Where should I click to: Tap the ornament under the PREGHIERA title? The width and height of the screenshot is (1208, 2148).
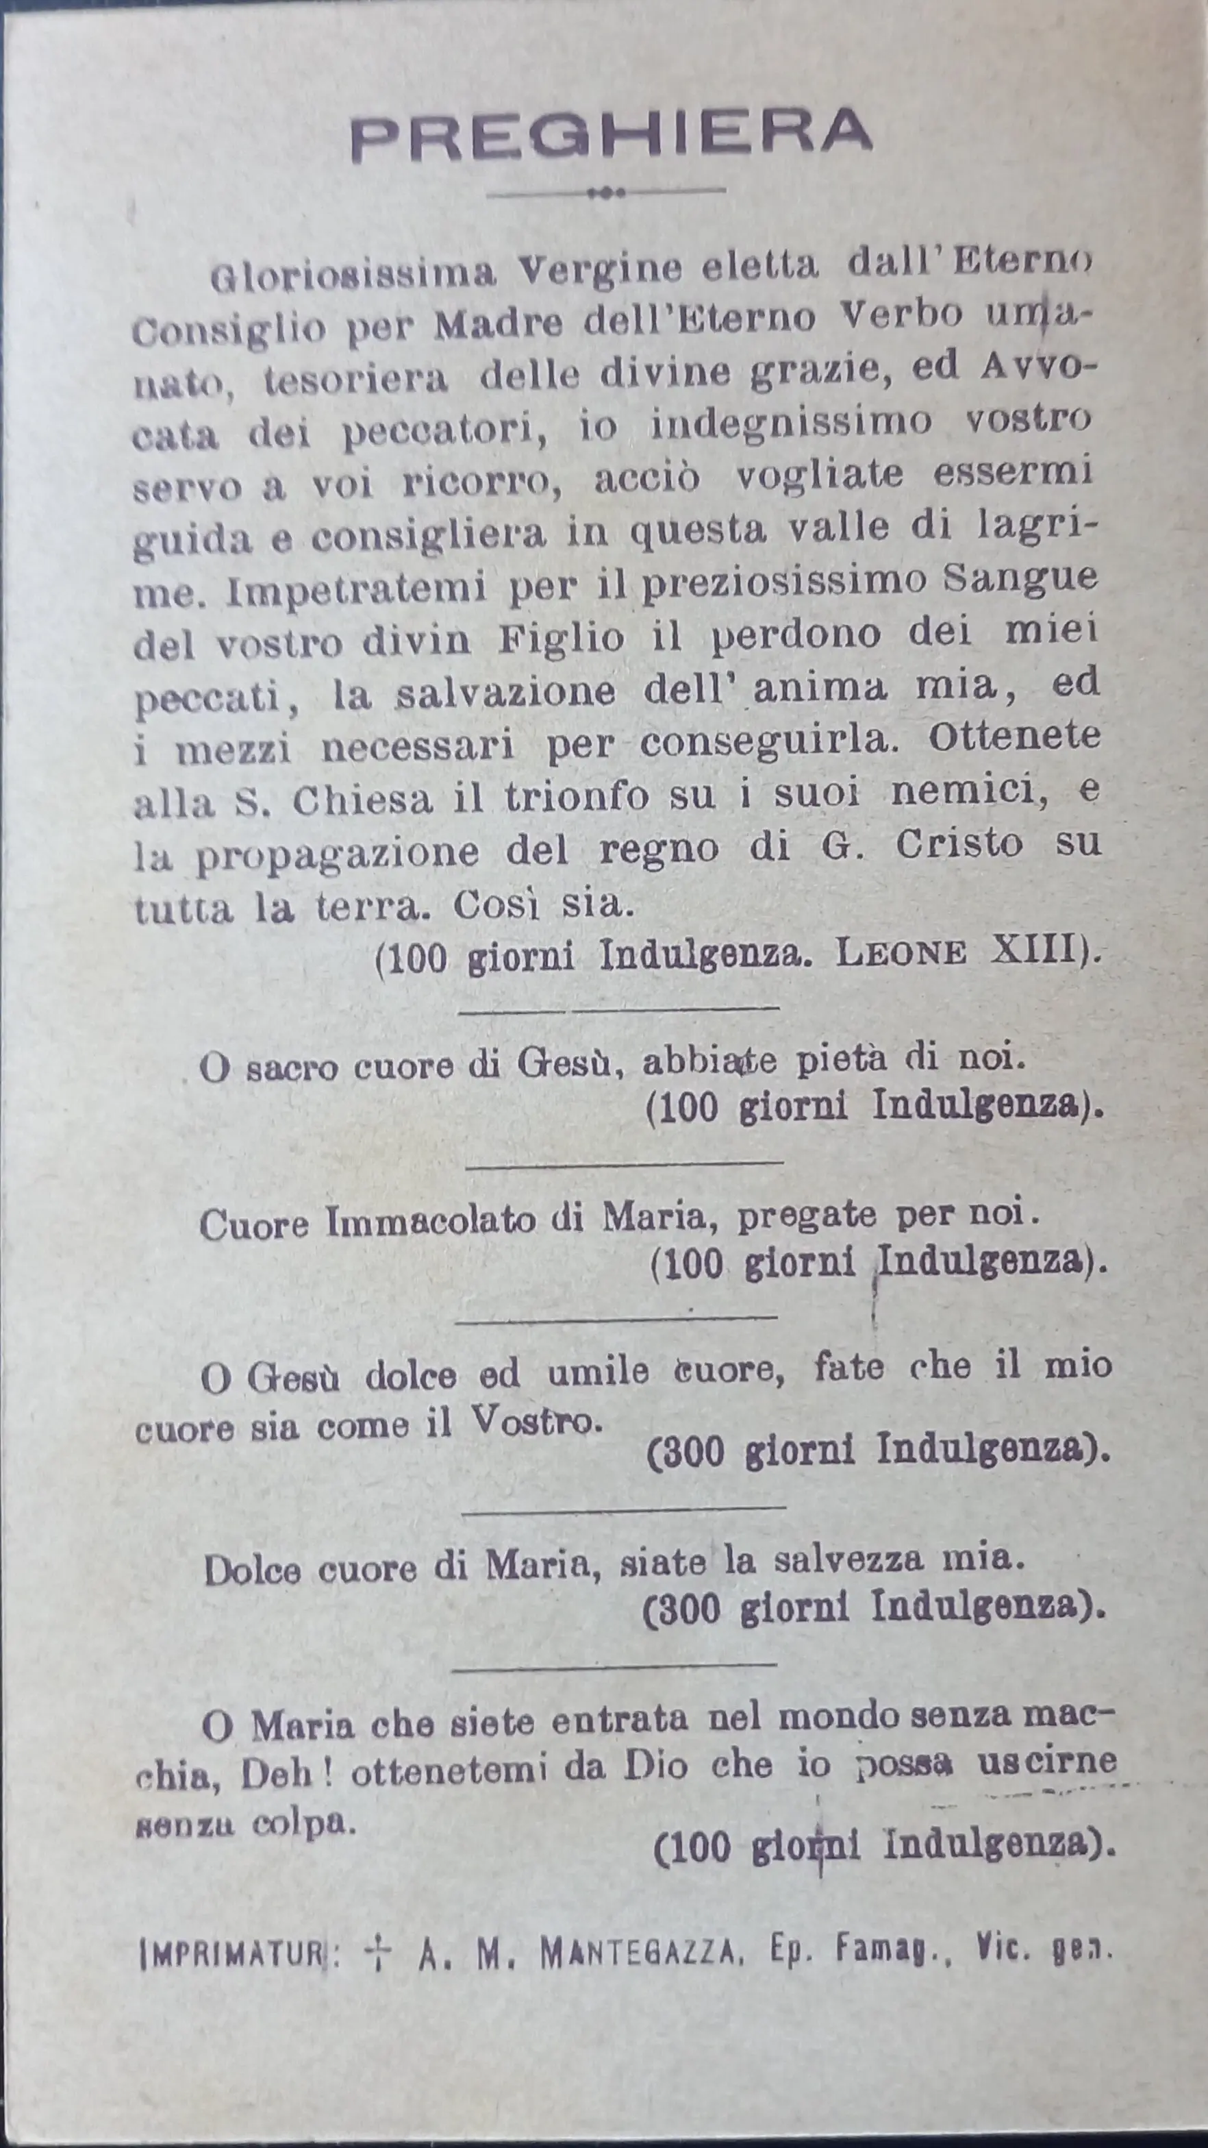click(x=606, y=193)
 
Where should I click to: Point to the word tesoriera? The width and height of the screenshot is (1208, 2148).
click(x=355, y=380)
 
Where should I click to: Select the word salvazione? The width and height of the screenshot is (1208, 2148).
click(x=505, y=693)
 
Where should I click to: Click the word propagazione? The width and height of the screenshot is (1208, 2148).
click(x=337, y=852)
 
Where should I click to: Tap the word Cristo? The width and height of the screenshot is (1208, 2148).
click(x=959, y=845)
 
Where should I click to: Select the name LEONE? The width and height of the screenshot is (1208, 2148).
click(x=901, y=954)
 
